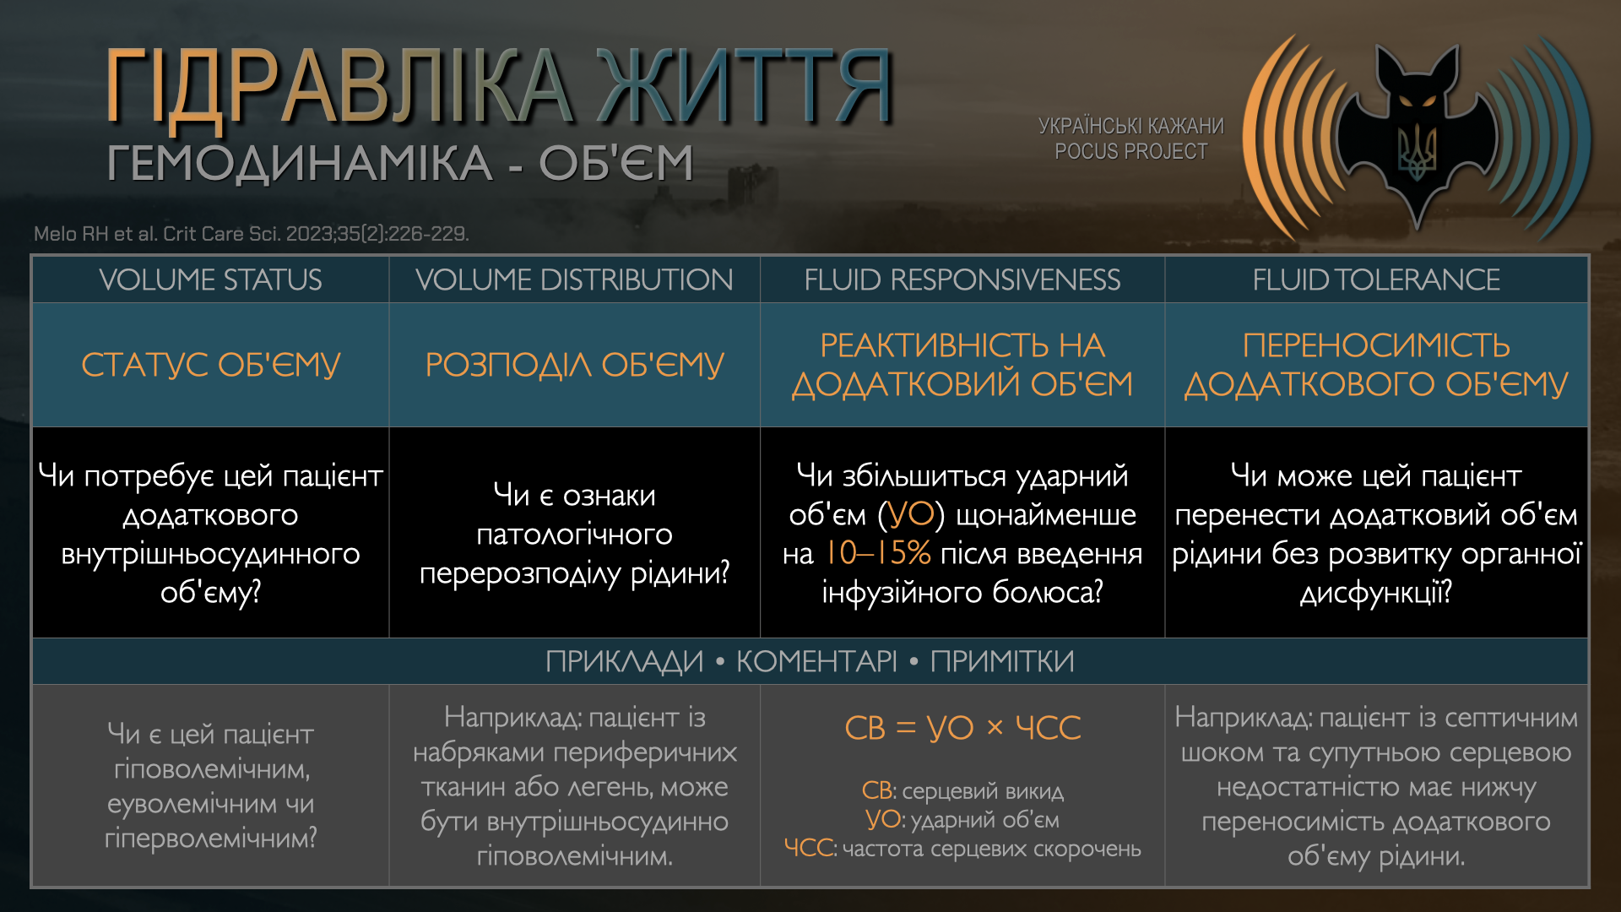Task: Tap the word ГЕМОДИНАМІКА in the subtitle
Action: click(x=300, y=163)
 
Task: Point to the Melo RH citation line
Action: click(x=252, y=233)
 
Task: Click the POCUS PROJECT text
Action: click(x=1131, y=151)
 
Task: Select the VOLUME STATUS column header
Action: click(x=210, y=280)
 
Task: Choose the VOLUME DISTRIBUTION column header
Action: click(x=574, y=280)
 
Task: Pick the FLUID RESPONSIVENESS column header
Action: click(x=962, y=280)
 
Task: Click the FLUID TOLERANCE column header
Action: click(x=1376, y=280)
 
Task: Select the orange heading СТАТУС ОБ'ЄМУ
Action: click(x=210, y=365)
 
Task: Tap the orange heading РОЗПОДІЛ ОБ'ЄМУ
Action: click(x=574, y=365)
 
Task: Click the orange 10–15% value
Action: click(x=877, y=553)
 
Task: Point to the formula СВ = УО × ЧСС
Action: click(x=962, y=727)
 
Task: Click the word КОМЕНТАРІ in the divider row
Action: click(x=816, y=661)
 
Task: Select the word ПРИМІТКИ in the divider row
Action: click(x=1002, y=661)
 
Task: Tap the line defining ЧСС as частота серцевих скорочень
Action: click(x=962, y=848)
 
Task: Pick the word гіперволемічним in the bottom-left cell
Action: click(x=210, y=838)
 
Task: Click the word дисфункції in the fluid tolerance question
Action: click(x=1376, y=592)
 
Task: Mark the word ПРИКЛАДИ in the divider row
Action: click(x=624, y=661)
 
